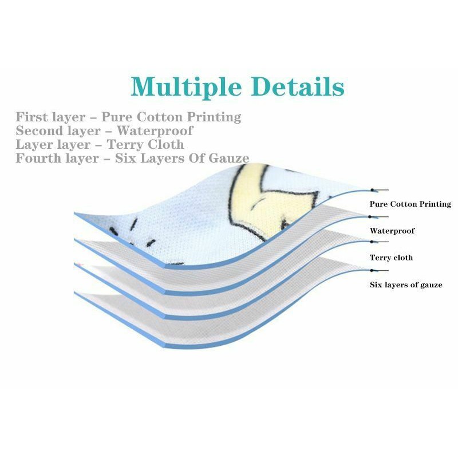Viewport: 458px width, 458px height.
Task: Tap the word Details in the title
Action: (x=298, y=87)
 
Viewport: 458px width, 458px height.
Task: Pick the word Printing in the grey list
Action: (x=215, y=117)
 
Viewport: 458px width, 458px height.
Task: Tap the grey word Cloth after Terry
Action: (x=164, y=145)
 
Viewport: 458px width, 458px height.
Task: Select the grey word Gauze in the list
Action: (x=228, y=159)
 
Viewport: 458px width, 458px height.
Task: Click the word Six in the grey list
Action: (x=125, y=159)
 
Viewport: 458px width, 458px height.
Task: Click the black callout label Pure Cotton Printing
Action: (x=410, y=204)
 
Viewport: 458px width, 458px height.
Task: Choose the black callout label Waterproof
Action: (x=392, y=231)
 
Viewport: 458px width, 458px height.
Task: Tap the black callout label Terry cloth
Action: (x=391, y=258)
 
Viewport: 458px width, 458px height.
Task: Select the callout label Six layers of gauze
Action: (x=406, y=285)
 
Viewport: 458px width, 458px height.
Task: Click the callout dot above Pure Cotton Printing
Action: (x=373, y=189)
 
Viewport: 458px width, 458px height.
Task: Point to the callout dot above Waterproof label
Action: (x=370, y=216)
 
